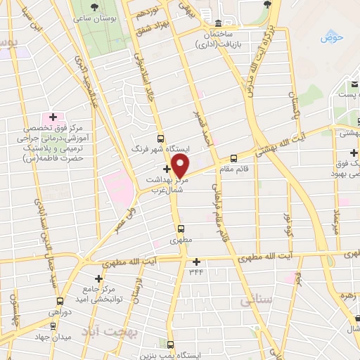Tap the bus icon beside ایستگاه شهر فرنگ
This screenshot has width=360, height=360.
click(161, 139)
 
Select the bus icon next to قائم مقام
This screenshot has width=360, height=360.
click(234, 158)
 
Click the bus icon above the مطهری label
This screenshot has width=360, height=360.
click(181, 229)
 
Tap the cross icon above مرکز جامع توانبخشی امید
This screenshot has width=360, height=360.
click(98, 279)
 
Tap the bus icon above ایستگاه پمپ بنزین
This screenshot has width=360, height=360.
click(172, 344)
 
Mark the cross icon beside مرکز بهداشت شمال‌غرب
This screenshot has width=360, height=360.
click(167, 169)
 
